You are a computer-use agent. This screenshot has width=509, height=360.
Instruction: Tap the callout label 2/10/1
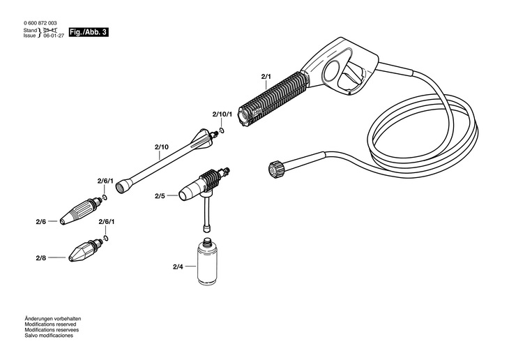point(222,113)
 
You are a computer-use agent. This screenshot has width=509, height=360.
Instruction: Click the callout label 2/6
point(40,221)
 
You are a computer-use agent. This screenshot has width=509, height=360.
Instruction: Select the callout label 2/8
point(40,258)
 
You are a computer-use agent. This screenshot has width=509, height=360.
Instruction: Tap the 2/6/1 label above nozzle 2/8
point(107,221)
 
